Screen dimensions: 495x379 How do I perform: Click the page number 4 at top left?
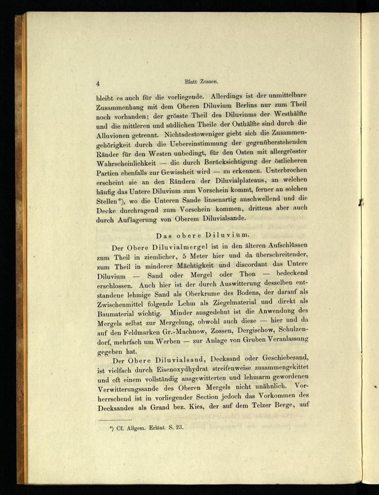[x=98, y=84]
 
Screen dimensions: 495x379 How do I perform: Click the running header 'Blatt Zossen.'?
[x=201, y=81]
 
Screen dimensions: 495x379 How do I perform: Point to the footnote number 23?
[x=179, y=427]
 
